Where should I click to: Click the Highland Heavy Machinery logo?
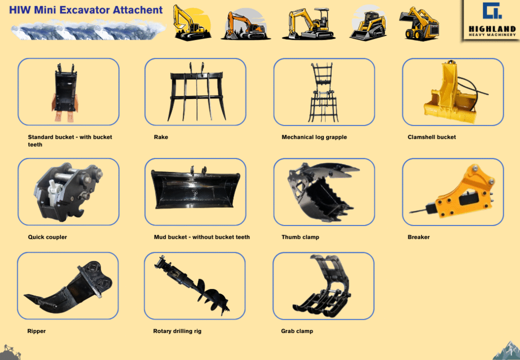point(492,20)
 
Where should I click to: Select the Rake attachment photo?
point(197,91)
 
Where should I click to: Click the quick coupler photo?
point(68,191)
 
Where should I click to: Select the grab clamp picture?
point(321,285)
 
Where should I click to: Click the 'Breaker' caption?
point(418,237)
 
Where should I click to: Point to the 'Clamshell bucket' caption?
point(432,137)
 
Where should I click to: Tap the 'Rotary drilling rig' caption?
point(177,331)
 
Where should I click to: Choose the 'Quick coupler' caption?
point(47,237)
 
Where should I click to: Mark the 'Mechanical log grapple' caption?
point(314,137)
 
